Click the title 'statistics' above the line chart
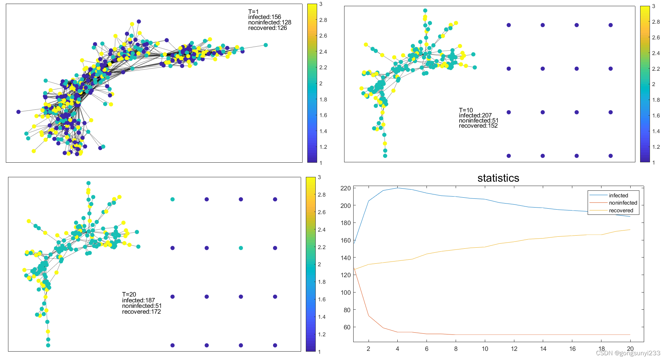(498, 178)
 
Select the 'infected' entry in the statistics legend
(618, 196)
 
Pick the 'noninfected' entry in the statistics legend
(623, 203)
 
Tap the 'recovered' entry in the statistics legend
(621, 210)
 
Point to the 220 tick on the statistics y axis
(345, 188)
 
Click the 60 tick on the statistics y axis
(347, 327)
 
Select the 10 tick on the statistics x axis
(485, 349)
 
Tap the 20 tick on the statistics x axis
(630, 349)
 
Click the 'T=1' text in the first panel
(253, 12)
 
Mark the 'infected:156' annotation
(265, 17)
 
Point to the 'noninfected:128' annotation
(270, 23)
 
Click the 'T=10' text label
(466, 110)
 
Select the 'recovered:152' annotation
(478, 126)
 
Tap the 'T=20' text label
(129, 294)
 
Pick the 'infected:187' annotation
(139, 300)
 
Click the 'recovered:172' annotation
(141, 312)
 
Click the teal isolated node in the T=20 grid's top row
(172, 200)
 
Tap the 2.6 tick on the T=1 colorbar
(323, 36)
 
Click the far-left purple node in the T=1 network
(19, 112)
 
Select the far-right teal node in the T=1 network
(265, 45)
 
